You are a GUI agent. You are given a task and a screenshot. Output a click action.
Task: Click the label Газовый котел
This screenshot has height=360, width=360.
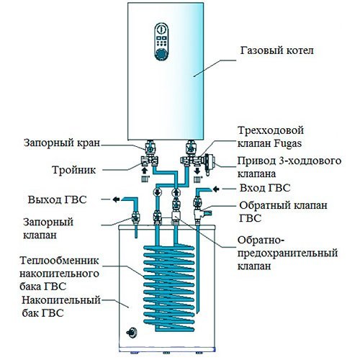(x=276, y=51)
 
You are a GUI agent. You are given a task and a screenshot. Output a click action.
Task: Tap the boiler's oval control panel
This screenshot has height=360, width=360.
(x=161, y=42)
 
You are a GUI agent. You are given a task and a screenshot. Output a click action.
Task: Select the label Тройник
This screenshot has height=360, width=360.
(x=74, y=170)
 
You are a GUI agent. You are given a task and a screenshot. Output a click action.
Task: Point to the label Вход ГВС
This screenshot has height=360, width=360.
(x=265, y=188)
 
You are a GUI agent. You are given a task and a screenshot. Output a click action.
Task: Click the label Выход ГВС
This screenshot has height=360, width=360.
(x=57, y=199)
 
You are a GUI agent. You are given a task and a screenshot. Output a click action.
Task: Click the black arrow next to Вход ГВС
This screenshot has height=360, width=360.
(x=216, y=189)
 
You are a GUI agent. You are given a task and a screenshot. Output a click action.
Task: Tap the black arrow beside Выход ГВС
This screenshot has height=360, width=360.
(x=116, y=199)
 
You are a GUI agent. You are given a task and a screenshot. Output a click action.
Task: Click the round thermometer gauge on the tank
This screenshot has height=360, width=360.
(x=132, y=333)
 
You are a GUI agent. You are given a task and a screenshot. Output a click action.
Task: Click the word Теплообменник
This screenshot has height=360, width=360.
(x=60, y=261)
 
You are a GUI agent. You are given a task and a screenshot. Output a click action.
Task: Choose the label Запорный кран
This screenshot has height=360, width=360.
(x=62, y=143)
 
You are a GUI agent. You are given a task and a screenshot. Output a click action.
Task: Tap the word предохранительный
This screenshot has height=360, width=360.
(x=287, y=253)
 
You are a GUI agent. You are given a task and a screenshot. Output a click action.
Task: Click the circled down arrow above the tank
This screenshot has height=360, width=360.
(x=158, y=192)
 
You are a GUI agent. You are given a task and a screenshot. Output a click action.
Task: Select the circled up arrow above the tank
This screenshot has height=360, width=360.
(x=176, y=192)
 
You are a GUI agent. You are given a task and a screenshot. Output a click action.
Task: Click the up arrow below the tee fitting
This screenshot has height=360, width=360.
(x=144, y=171)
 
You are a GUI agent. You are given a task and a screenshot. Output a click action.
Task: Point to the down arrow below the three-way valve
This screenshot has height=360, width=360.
(x=197, y=171)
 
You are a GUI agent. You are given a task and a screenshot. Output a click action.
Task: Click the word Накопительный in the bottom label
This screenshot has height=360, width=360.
(x=61, y=300)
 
